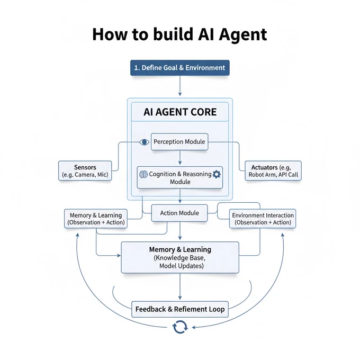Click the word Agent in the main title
click(242, 35)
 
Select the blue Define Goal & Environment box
click(180, 68)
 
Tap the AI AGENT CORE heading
click(180, 112)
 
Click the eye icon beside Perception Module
click(144, 142)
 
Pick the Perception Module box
click(179, 142)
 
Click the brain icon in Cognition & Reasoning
click(143, 175)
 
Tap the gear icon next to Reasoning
click(217, 174)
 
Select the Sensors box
click(85, 170)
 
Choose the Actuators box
click(273, 170)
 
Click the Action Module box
click(179, 213)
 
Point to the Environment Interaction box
click(263, 219)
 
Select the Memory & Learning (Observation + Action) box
click(96, 219)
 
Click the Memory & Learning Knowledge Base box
click(180, 257)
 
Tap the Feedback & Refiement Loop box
click(180, 309)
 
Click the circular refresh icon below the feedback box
click(180, 327)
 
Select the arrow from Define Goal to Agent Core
click(180, 86)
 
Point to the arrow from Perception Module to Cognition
click(180, 158)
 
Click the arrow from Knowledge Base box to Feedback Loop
click(180, 286)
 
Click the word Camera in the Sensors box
click(85, 175)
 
